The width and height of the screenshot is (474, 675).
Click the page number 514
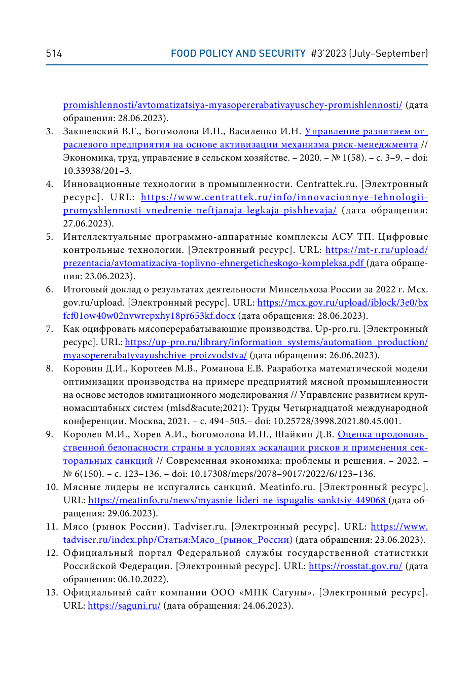(54, 54)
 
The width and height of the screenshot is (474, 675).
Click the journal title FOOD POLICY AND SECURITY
(238, 54)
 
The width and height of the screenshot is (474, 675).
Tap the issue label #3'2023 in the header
(329, 54)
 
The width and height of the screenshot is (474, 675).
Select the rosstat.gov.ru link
(355, 566)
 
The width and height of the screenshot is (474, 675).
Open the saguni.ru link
(124, 606)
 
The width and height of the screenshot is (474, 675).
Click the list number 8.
(50, 368)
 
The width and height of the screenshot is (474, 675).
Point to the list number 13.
(52, 592)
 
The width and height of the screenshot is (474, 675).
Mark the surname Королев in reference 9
(80, 434)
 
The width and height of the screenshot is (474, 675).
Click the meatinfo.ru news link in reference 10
(237, 500)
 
